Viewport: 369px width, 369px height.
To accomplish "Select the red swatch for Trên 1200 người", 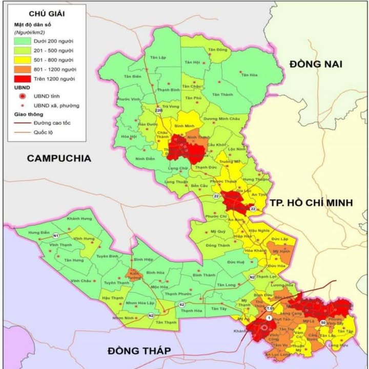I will [x=22, y=79].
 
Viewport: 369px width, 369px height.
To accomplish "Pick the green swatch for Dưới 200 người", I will [x=22, y=41].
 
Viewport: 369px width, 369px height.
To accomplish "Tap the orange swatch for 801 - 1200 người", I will [x=22, y=69].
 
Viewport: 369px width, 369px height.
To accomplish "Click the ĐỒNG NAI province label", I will [x=315, y=64].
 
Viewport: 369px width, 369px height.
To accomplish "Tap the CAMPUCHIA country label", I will [x=59, y=158].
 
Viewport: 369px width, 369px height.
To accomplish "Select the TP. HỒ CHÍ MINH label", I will [x=312, y=202].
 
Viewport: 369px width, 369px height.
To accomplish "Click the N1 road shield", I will [x=55, y=236].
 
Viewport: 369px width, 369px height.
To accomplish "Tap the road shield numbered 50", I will [x=322, y=322].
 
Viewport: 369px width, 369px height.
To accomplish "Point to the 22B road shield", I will [x=158, y=110].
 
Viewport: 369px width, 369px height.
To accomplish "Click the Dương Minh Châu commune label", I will [x=221, y=118].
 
